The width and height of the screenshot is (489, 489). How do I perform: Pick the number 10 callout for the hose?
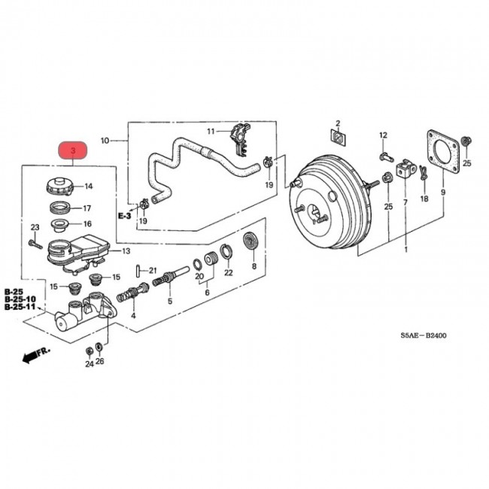pos(105,140)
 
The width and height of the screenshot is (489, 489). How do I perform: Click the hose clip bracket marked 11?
pos(238,136)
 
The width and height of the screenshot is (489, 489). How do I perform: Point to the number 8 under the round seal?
pos(254,266)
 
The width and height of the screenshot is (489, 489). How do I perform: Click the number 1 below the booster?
pos(405,249)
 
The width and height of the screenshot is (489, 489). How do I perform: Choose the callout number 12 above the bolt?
pos(382,135)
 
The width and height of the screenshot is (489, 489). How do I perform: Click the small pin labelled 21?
pos(138,271)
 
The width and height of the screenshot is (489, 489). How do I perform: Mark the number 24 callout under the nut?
pos(89,364)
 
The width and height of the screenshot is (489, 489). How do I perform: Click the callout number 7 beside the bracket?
pos(404,202)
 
